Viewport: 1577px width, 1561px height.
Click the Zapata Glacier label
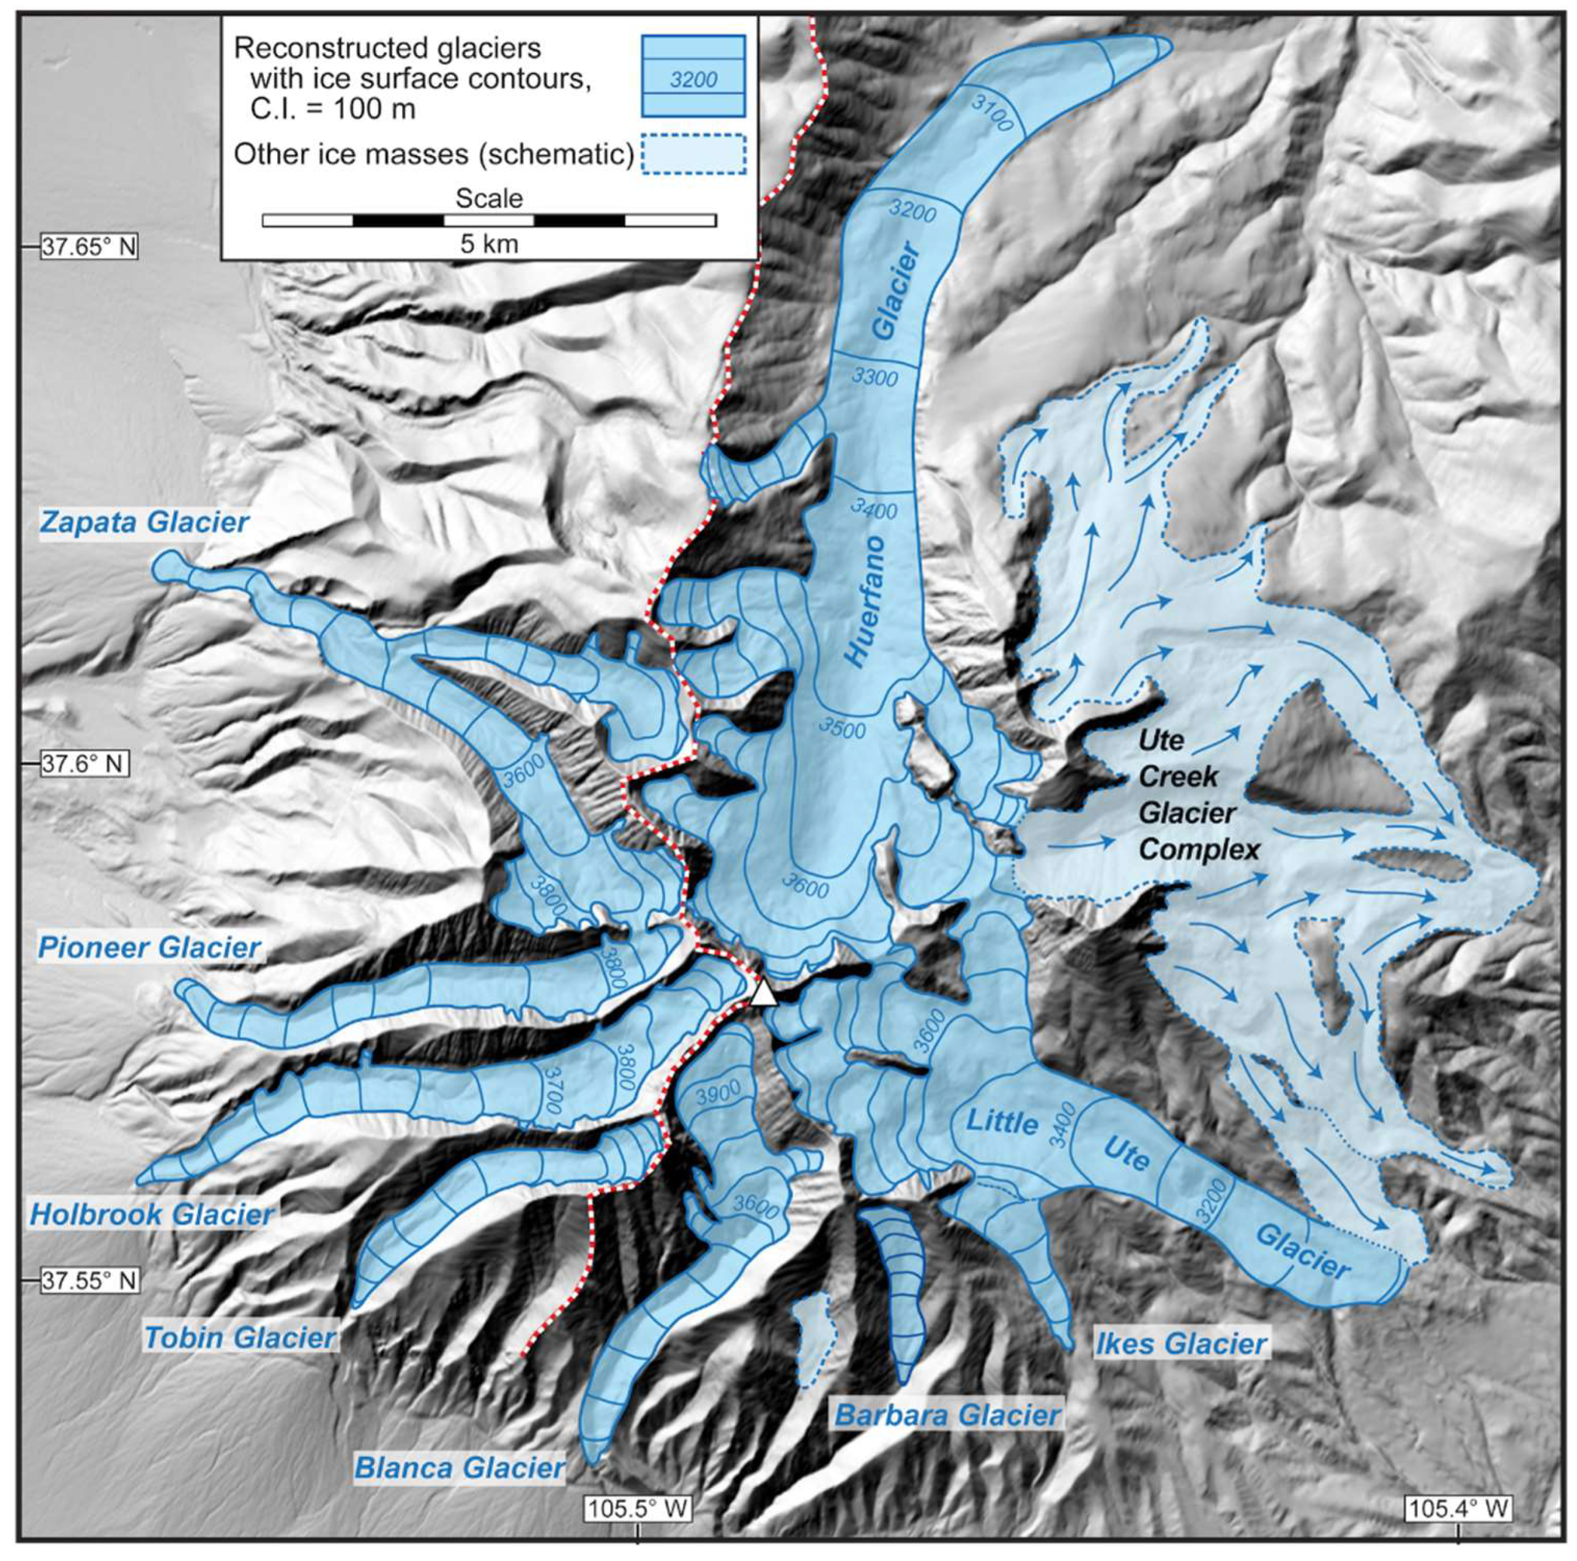(144, 523)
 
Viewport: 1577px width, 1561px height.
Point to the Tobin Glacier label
(240, 1338)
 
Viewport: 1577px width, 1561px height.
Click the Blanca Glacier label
(460, 1468)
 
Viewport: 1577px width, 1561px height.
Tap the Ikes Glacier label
(1180, 1343)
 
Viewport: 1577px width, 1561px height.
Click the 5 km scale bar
(489, 220)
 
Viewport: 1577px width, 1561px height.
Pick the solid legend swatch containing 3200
(693, 76)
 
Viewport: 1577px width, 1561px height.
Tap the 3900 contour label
(718, 1091)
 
